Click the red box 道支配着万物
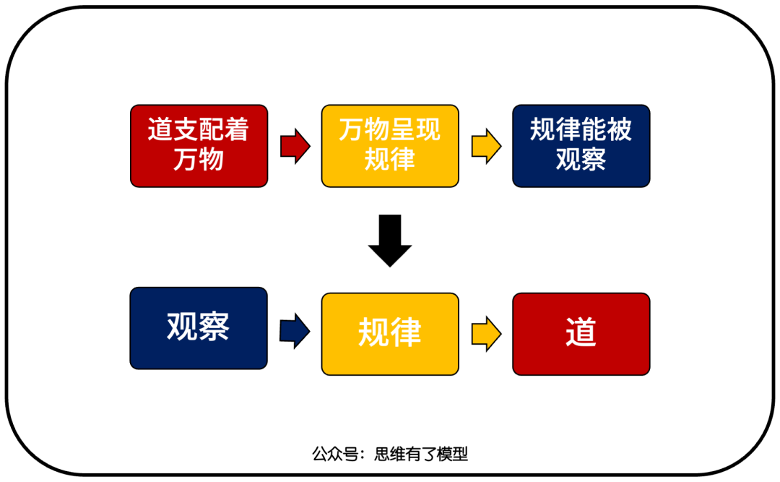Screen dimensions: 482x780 click(x=199, y=146)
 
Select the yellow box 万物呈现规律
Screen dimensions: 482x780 click(x=390, y=146)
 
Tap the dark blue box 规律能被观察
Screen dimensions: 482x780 click(x=581, y=146)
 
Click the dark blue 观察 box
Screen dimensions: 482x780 click(x=199, y=328)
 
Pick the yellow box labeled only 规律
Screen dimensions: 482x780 click(x=390, y=333)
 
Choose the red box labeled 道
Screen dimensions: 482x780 click(x=581, y=333)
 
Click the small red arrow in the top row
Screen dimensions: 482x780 click(x=295, y=146)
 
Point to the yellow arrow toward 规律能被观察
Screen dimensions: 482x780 click(x=486, y=146)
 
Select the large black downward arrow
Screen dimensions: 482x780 click(x=390, y=241)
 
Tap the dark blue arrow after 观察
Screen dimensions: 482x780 click(x=295, y=332)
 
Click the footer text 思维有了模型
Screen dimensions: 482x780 click(x=421, y=455)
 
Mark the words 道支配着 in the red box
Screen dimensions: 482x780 click(x=199, y=131)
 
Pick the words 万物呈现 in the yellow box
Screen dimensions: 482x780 click(x=390, y=131)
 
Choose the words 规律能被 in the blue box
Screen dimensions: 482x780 click(x=581, y=131)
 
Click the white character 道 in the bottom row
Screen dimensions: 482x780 click(x=581, y=333)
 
